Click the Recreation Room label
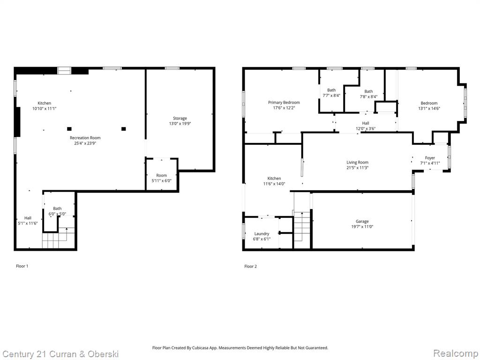(85, 138)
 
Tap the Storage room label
(180, 118)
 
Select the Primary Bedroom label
(284, 102)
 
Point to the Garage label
(362, 221)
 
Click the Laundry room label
(262, 233)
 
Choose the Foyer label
(430, 158)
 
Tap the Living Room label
(358, 162)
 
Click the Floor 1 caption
(22, 266)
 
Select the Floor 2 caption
(250, 266)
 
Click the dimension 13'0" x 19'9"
(180, 124)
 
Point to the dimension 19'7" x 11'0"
(362, 226)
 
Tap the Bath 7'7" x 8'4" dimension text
(331, 96)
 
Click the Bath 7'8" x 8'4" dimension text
(368, 97)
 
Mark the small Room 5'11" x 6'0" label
(162, 178)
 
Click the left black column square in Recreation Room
(69, 129)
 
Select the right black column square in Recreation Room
(124, 129)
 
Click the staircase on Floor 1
(59, 238)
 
